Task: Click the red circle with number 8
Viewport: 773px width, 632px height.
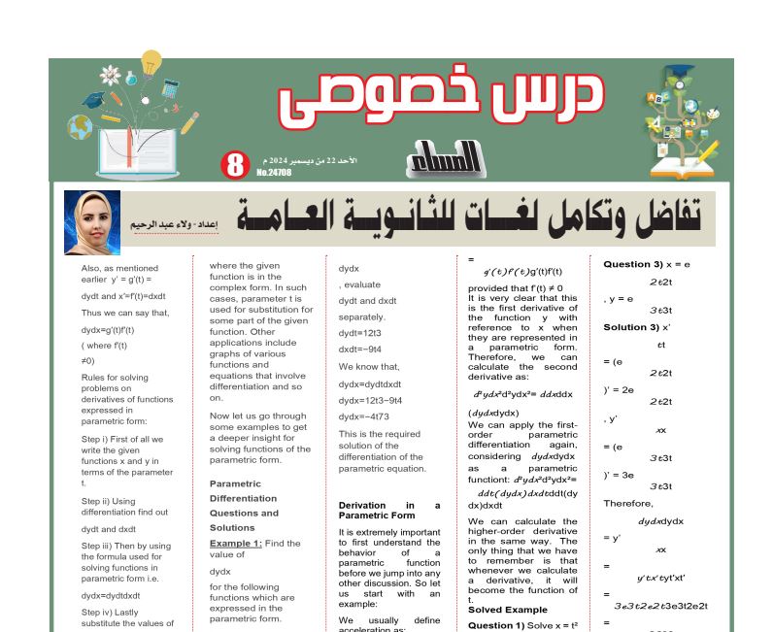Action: [x=235, y=165]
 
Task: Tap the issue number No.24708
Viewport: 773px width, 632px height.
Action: [x=274, y=173]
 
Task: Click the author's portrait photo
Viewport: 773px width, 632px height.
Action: [x=92, y=222]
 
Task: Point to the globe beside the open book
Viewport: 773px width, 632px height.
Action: [x=80, y=127]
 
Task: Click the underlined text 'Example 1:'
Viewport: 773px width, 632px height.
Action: [x=236, y=544]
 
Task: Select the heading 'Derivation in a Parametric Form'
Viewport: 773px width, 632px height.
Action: [x=388, y=511]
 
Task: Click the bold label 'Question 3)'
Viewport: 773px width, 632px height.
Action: [x=632, y=264]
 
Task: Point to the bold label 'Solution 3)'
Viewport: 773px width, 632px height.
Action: [x=631, y=327]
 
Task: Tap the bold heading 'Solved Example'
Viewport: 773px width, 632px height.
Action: [x=508, y=609]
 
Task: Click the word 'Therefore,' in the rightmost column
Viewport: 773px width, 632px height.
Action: [x=628, y=503]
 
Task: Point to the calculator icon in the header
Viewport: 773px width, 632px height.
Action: [x=172, y=92]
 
